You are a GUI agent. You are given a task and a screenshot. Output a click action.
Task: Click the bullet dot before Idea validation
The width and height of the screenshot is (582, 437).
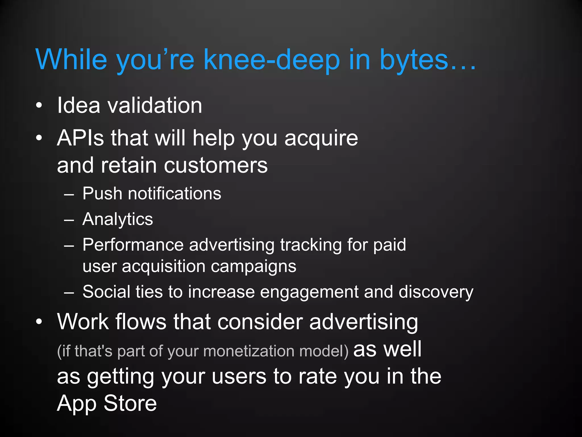(39, 106)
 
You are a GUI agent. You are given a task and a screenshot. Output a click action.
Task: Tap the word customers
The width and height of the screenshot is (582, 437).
(216, 166)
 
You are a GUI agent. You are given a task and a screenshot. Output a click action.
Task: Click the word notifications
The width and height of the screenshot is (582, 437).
(174, 193)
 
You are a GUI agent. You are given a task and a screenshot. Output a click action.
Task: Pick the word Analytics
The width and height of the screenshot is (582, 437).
(118, 219)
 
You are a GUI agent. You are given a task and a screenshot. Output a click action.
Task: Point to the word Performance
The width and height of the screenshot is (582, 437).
(133, 245)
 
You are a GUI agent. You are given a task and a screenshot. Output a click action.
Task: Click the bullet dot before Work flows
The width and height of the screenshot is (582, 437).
(39, 322)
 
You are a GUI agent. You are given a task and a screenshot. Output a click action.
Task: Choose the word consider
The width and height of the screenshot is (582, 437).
(260, 322)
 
